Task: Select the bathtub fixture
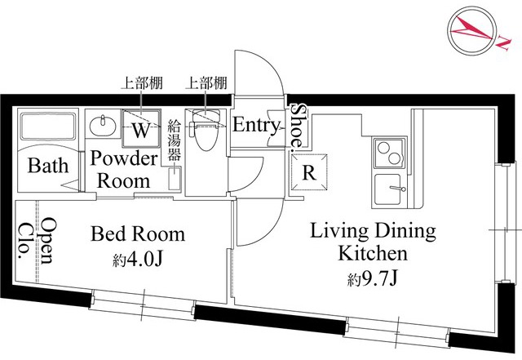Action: [46, 127]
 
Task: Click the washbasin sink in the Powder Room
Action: [103, 126]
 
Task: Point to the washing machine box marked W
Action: [141, 129]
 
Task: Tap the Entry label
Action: [257, 126]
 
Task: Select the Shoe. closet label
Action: [299, 127]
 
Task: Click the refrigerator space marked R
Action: [309, 172]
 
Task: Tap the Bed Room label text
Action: [138, 235]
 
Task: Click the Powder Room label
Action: [124, 169]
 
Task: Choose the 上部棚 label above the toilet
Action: [206, 82]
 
